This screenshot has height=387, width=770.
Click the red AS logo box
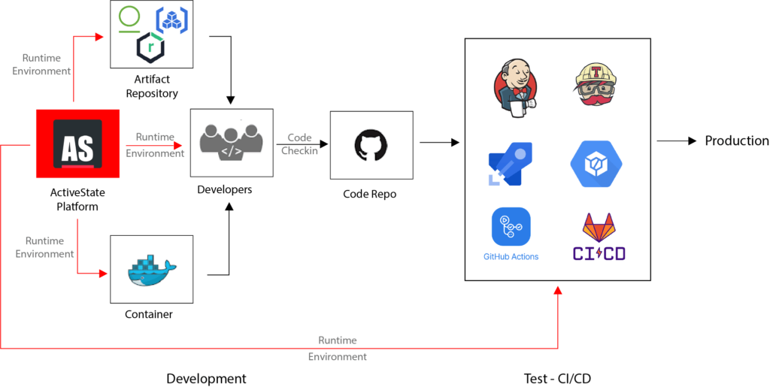coord(77,144)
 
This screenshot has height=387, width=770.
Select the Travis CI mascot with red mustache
coord(595,84)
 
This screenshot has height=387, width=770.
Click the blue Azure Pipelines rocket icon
coord(511,164)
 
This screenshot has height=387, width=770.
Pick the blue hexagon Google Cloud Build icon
coord(596,163)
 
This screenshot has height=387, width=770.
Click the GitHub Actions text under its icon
coord(511,257)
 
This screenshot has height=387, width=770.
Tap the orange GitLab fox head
coord(599,226)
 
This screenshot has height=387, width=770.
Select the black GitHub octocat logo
coord(371,145)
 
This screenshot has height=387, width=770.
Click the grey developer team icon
coord(231,141)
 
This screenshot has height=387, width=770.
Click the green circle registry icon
coord(130,17)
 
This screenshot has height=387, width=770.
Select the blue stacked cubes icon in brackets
coord(172,20)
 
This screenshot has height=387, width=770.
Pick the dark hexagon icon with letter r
coord(150,48)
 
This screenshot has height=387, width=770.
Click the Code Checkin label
coord(300,144)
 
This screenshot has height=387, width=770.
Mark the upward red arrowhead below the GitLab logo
coord(558,289)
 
